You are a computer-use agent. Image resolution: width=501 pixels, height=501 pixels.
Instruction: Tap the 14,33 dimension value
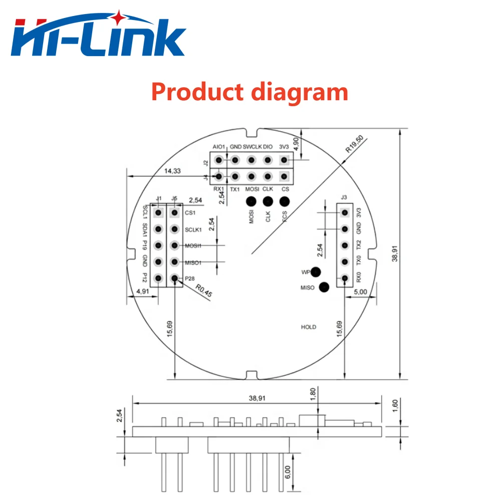click(x=173, y=171)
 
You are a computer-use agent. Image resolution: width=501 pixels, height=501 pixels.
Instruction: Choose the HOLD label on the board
click(x=309, y=327)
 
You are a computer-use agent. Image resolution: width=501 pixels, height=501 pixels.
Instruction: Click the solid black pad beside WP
click(x=316, y=272)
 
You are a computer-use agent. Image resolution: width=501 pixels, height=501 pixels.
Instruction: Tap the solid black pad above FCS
click(x=285, y=201)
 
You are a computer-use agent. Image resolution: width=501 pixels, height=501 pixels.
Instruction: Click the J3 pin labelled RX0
click(x=345, y=278)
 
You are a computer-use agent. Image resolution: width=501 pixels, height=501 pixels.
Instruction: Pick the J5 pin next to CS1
click(x=174, y=213)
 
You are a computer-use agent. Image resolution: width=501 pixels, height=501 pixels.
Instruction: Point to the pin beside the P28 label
click(x=174, y=278)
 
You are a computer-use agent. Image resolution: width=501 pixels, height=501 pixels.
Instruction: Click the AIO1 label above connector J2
click(x=219, y=147)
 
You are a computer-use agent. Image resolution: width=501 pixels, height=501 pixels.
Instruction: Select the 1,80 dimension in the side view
click(x=314, y=394)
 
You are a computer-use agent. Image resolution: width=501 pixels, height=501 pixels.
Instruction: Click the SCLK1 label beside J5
click(x=193, y=229)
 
